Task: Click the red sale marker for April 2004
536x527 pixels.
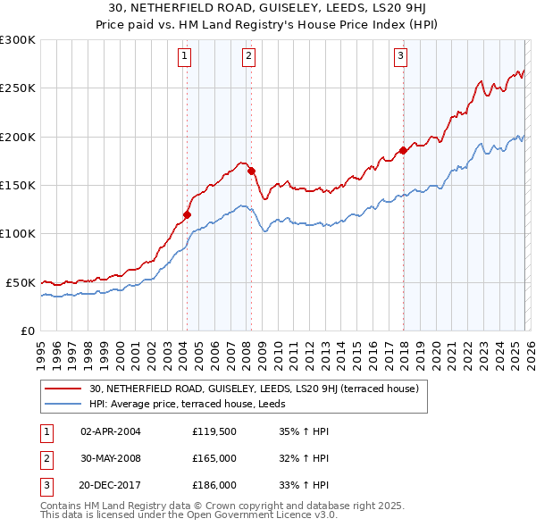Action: tap(187, 214)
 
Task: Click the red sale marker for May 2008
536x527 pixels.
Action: tap(252, 171)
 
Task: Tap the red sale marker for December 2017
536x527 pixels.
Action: tap(403, 150)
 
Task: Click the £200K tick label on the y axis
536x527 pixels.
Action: tap(18, 137)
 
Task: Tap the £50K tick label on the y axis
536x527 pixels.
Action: tap(21, 282)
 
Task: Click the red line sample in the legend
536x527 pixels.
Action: tap(64, 389)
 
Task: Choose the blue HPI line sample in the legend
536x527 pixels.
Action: tap(64, 403)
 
